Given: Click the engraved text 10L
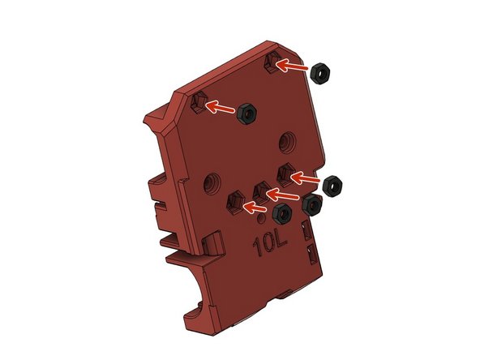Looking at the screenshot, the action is (x=270, y=243).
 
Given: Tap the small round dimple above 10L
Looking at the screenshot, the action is (x=261, y=219).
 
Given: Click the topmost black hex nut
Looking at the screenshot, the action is (x=320, y=74).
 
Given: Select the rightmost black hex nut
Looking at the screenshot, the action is (x=332, y=186).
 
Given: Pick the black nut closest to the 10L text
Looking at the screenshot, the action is (x=281, y=213).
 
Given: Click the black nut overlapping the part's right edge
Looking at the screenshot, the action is (x=312, y=205).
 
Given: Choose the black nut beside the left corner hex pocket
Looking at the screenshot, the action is (x=246, y=114).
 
